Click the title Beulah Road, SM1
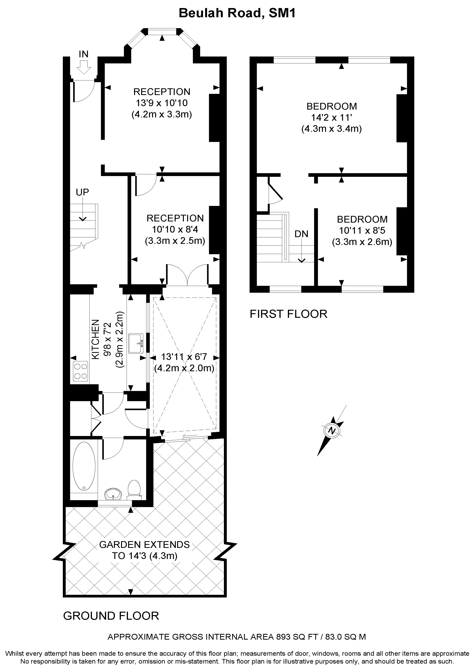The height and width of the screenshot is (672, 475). pos(237,13)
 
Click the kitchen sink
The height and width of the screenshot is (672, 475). pos(136,343)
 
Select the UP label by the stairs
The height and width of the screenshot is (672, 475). pos(82,192)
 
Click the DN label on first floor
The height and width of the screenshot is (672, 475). pos(301,234)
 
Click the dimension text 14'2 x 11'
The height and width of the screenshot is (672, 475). pos(331,118)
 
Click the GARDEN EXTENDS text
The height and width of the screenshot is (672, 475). pos(145,545)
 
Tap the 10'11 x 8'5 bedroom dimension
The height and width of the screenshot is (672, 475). pos(362,231)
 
